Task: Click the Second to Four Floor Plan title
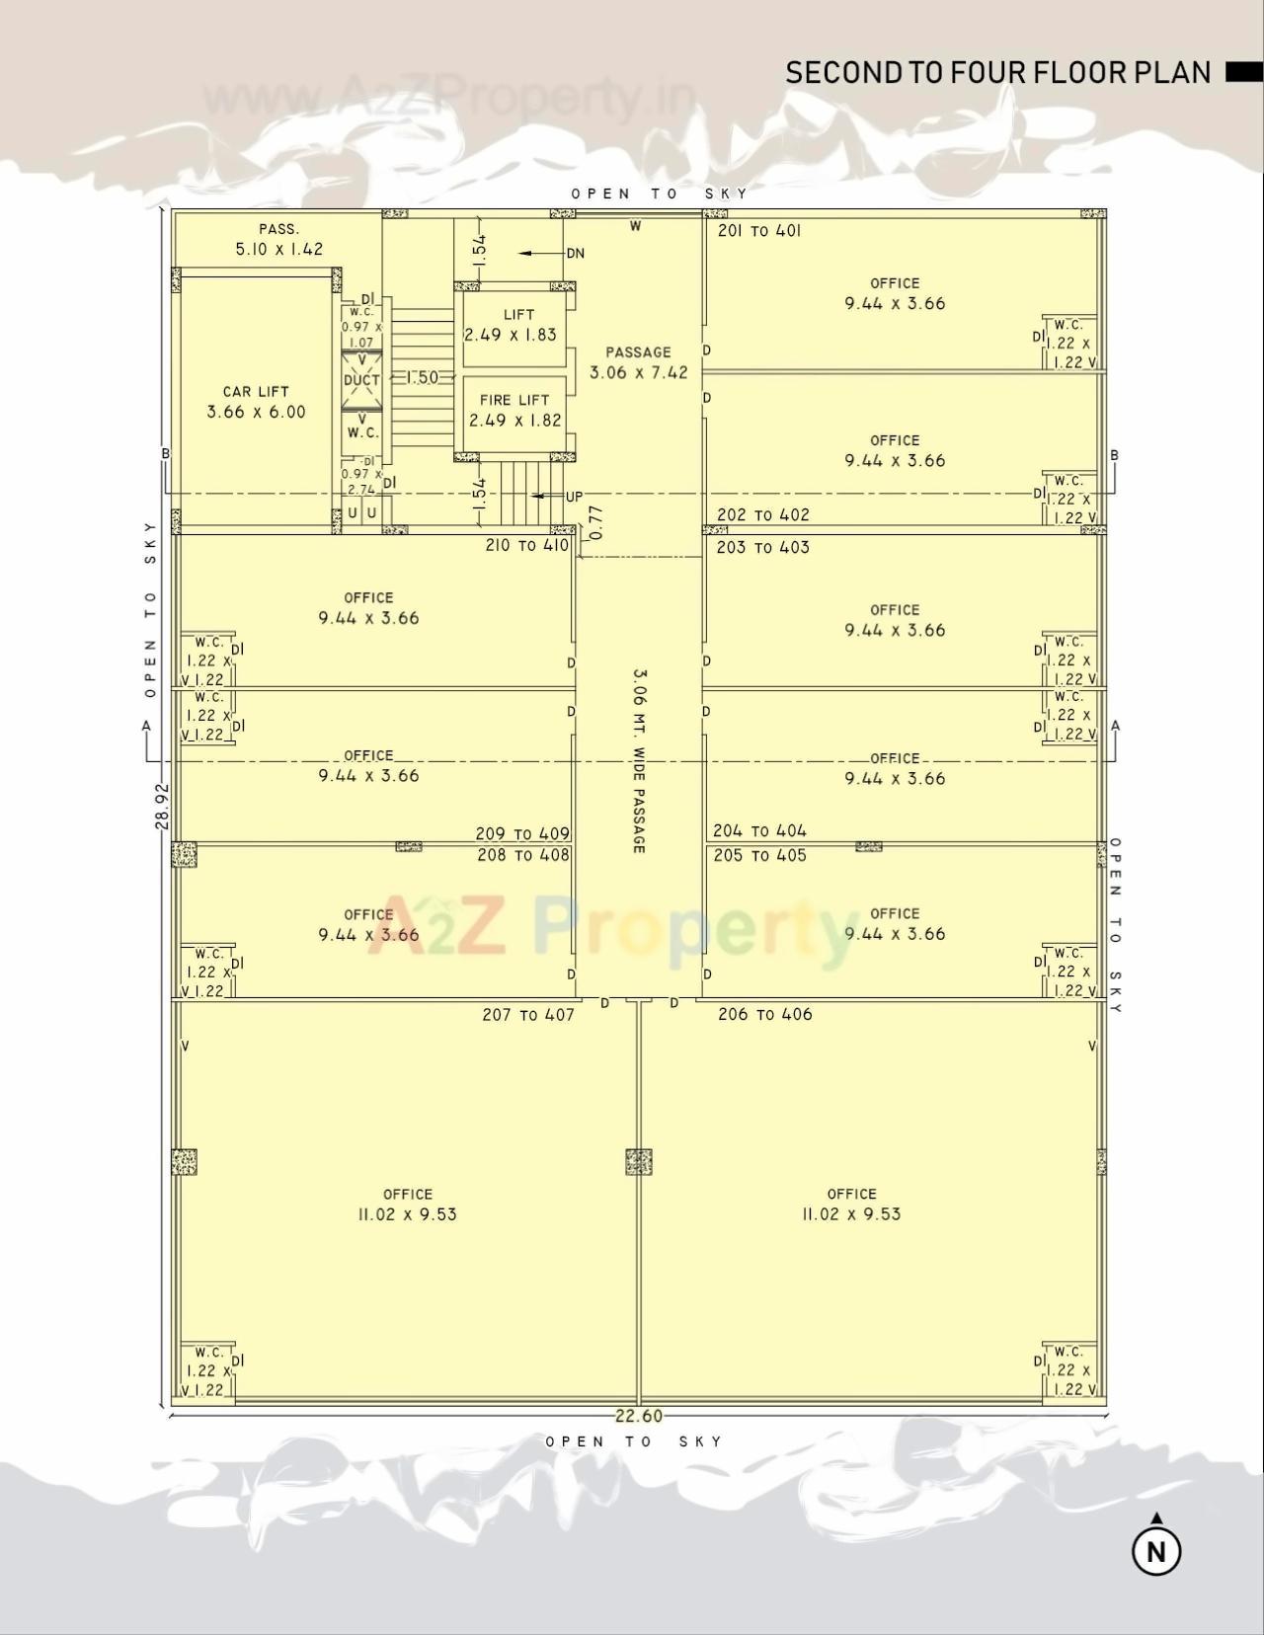997,72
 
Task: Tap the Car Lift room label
256,402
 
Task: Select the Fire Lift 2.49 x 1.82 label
514,410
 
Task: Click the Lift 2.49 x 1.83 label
511,325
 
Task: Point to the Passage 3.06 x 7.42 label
638,362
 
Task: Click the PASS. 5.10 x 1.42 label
278,240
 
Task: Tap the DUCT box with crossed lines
361,380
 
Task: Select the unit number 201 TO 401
758,231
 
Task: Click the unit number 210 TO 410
526,545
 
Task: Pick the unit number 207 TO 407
527,1015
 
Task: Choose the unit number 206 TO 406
764,1014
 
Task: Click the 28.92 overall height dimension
163,806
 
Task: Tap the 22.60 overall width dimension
639,1416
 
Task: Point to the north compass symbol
1156,1549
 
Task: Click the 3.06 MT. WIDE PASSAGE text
639,760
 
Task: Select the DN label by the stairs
575,254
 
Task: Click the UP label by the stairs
574,497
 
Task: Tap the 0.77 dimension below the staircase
594,522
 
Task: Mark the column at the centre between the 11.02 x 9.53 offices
639,1161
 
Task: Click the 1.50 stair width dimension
422,377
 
